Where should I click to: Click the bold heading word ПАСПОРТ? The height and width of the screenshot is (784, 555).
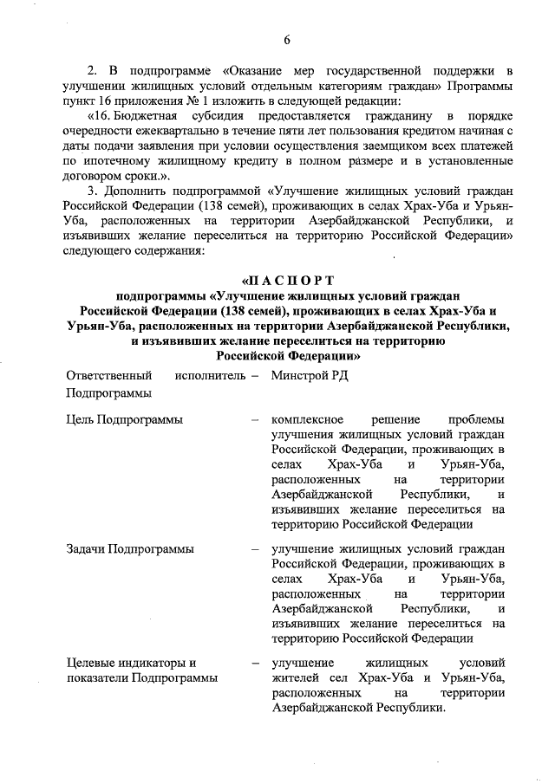click(288, 280)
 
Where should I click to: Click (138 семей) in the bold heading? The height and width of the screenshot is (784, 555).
click(242, 311)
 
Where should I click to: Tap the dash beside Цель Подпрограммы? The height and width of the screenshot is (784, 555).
click(255, 420)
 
